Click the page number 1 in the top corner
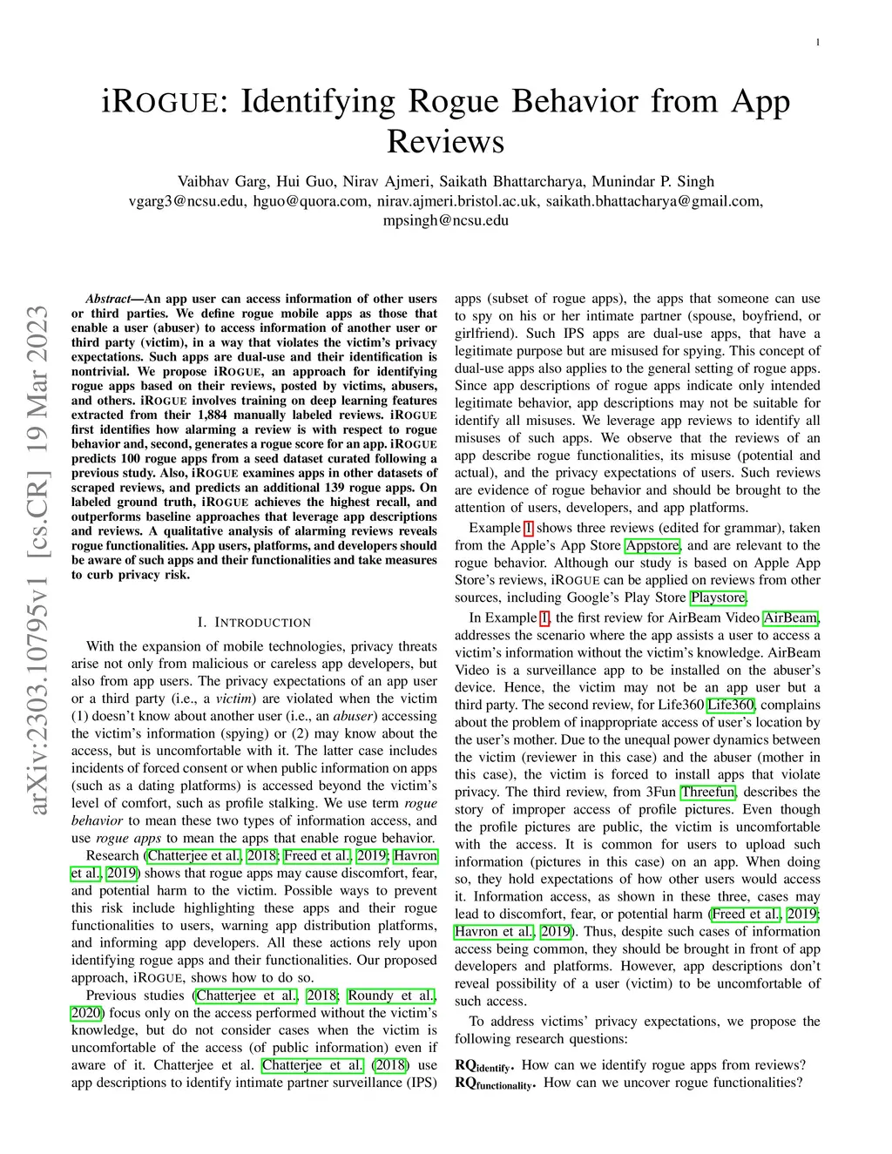(818, 43)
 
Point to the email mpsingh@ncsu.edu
(445, 220)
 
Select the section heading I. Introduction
(253, 623)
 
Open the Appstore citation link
(652, 545)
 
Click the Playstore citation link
(719, 597)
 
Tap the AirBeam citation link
(791, 617)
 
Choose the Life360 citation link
(731, 705)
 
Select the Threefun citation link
(708, 792)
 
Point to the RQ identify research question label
(484, 1065)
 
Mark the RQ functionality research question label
(495, 1083)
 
